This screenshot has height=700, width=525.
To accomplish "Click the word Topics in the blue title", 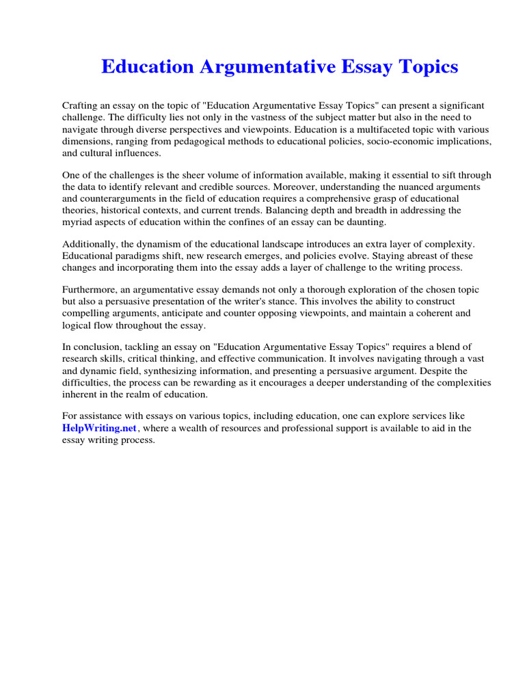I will coord(425,67).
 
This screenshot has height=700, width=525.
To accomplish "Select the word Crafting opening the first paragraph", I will coord(81,106).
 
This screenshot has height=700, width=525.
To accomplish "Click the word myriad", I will coord(77,221).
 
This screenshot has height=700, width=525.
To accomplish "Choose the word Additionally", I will coord(91,244).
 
